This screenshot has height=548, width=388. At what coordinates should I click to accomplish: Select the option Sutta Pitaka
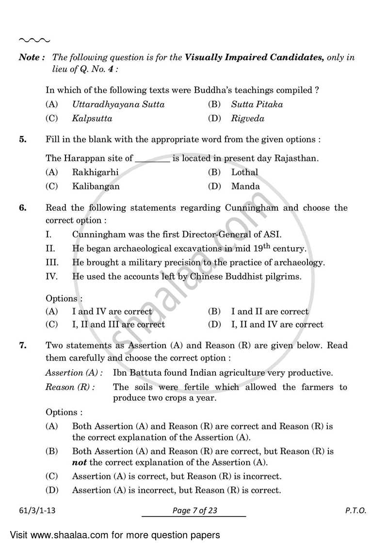point(257,104)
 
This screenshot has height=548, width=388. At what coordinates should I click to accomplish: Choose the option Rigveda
point(247,118)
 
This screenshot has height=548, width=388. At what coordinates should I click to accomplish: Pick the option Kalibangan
point(96,186)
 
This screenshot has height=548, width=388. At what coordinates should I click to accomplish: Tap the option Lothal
point(244,172)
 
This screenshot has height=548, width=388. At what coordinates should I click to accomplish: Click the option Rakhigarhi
point(95,172)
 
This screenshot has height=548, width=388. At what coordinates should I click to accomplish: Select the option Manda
point(245,186)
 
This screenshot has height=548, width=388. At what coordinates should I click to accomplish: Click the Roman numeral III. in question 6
point(52,263)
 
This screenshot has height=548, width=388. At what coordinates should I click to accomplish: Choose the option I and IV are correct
point(112,312)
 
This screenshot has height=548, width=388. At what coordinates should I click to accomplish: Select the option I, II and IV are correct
point(277,325)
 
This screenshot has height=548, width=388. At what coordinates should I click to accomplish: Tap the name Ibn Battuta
point(135,373)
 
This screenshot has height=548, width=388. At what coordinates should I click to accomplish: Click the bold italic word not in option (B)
point(79,462)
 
